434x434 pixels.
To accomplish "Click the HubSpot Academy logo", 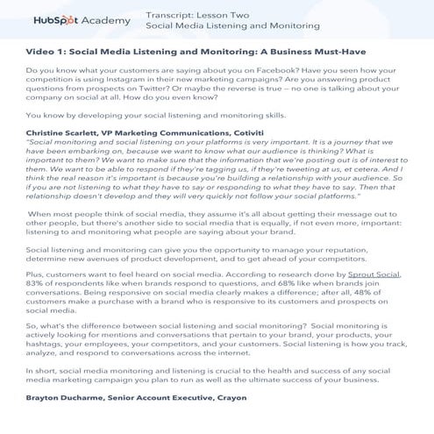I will pyautogui.click(x=82, y=19).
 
